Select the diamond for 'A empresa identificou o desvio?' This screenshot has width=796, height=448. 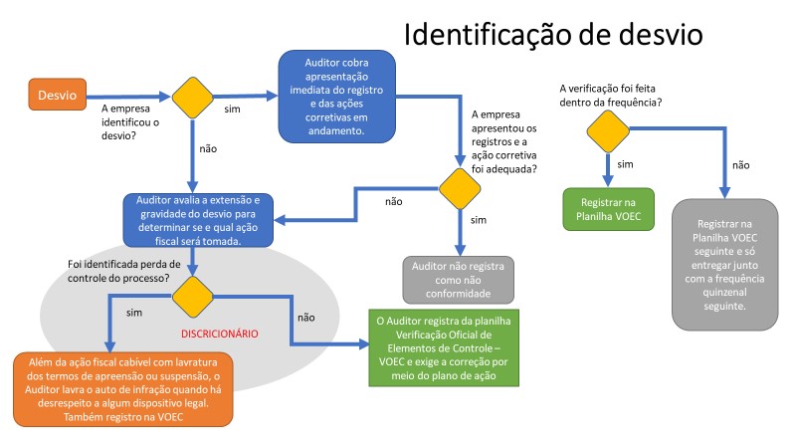click(x=192, y=97)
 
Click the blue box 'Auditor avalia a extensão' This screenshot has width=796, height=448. click(x=192, y=217)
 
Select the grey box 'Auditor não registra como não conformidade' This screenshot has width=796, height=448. click(x=459, y=280)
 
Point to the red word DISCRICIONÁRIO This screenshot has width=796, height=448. click(x=219, y=333)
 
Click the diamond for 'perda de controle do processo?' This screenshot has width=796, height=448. click(x=192, y=296)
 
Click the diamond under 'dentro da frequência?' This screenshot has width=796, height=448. click(x=607, y=129)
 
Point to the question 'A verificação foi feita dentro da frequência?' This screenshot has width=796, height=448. click(x=612, y=95)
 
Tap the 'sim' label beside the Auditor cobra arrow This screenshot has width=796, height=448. click(x=233, y=108)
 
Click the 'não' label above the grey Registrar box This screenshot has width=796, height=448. click(x=740, y=165)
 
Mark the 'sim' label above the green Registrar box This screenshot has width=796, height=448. click(x=626, y=164)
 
